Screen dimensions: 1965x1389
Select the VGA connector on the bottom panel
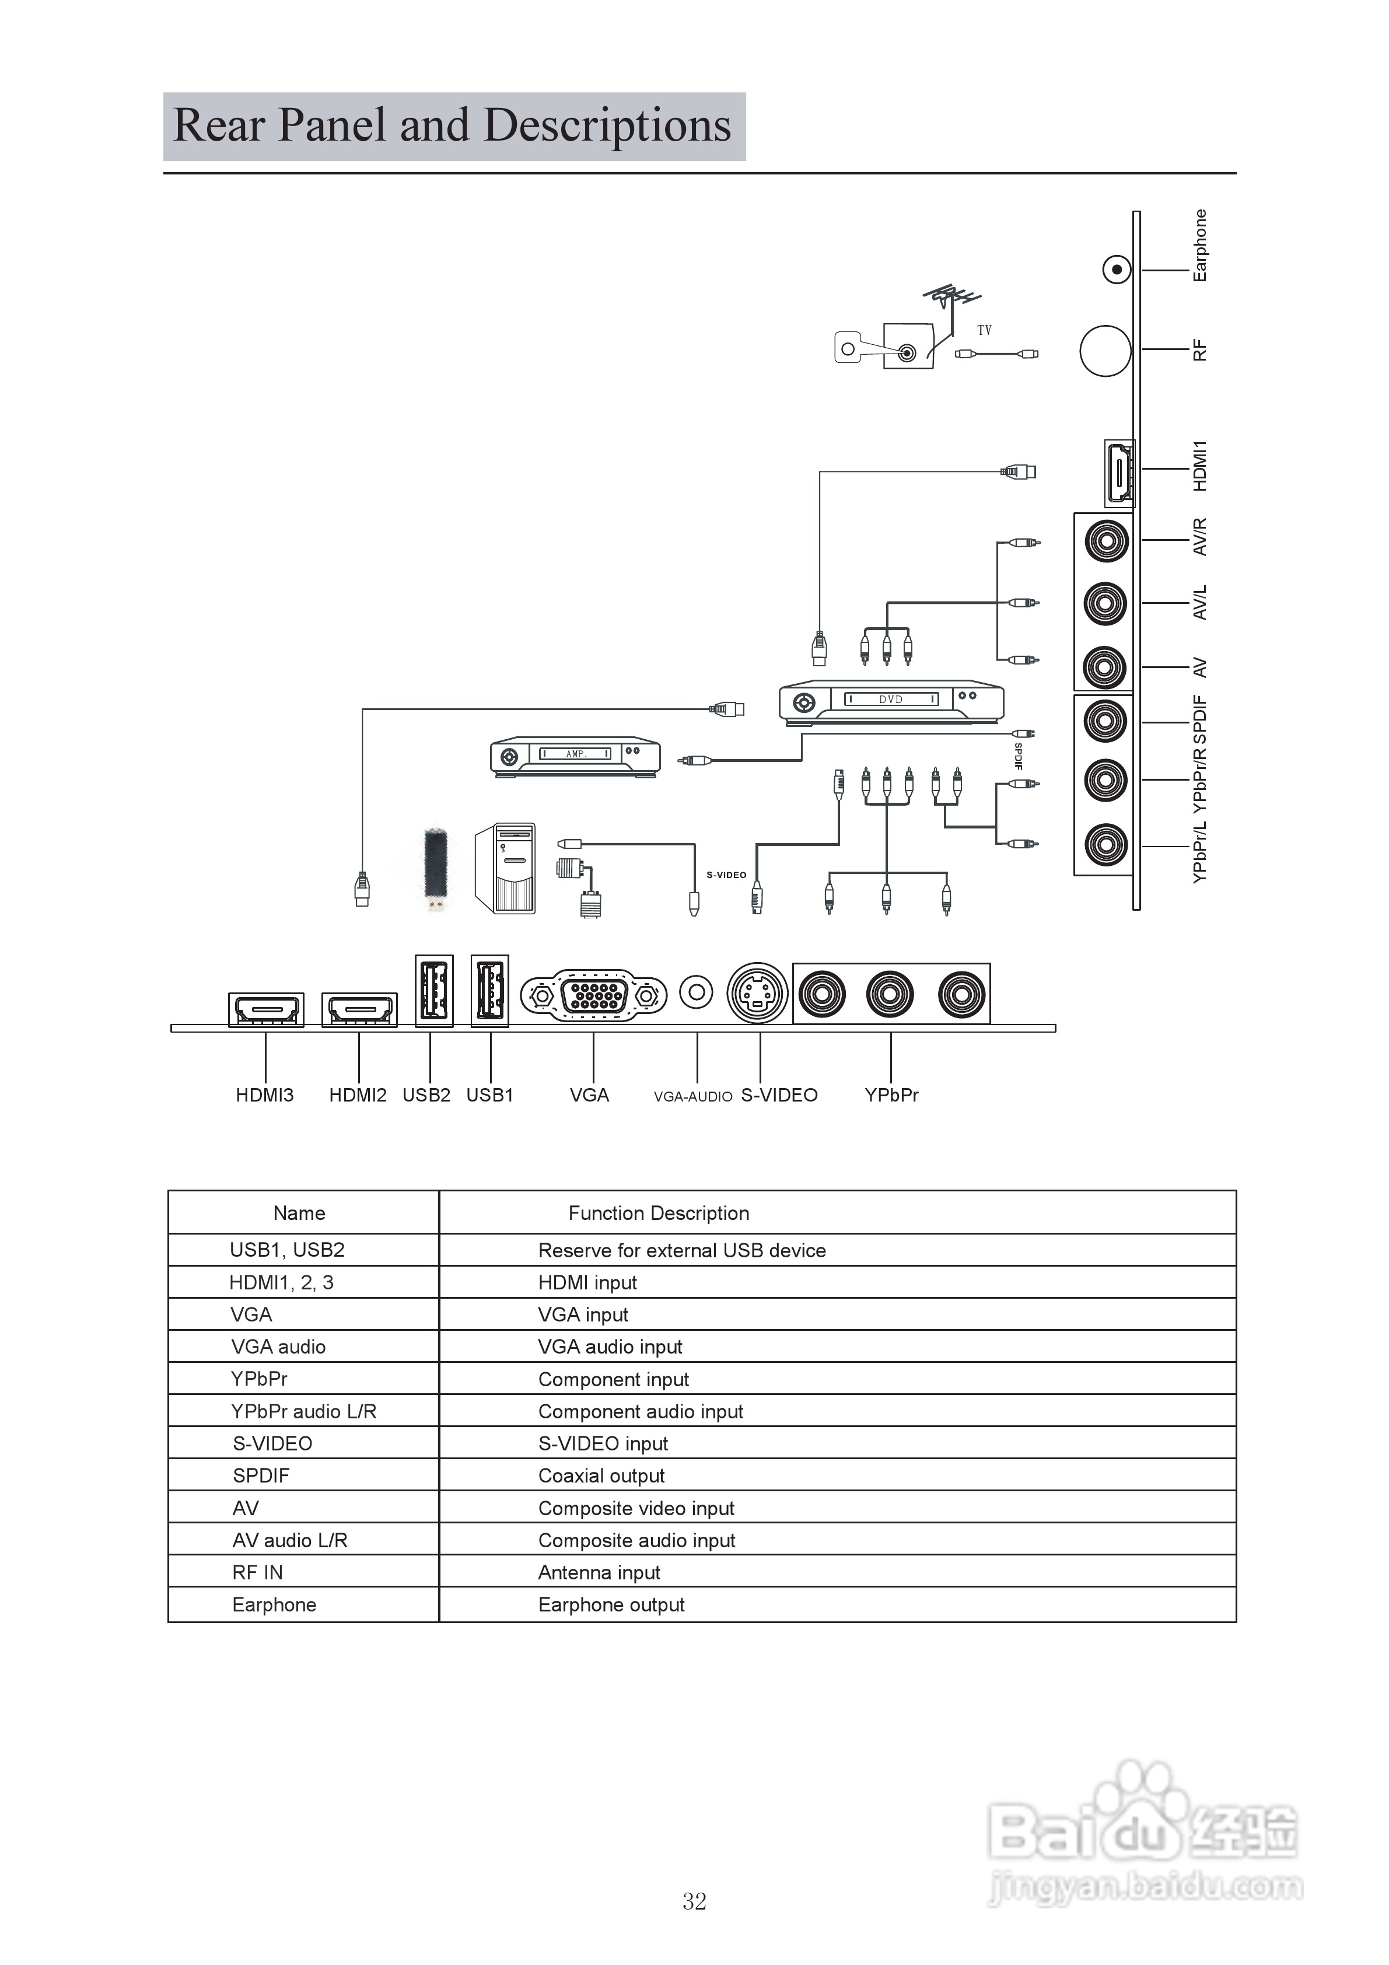point(593,995)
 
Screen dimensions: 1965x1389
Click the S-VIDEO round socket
point(757,993)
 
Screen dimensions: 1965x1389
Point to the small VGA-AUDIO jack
point(696,993)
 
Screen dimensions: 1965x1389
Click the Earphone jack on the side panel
point(1116,271)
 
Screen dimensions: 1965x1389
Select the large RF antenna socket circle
point(1105,351)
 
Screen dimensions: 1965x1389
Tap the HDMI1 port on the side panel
point(1118,473)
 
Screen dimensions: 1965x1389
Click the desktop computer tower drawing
point(506,869)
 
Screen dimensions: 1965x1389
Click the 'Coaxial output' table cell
point(601,1476)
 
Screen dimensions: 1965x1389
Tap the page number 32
point(694,1901)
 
